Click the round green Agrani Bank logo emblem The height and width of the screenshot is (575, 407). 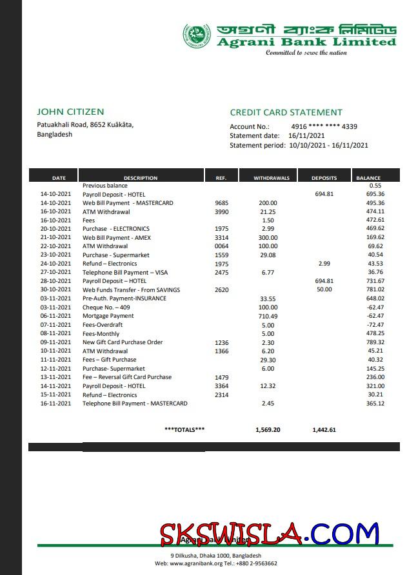(x=196, y=35)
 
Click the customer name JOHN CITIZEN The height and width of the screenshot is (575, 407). (x=70, y=112)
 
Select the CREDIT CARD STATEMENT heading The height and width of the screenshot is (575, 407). (x=286, y=112)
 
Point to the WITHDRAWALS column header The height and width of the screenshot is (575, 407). (x=271, y=178)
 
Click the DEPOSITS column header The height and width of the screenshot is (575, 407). (x=324, y=178)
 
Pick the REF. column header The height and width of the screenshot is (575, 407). (x=221, y=178)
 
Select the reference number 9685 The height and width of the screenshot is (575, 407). (x=221, y=203)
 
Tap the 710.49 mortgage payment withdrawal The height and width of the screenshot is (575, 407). (x=268, y=317)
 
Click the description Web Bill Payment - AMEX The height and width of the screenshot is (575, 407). (x=116, y=238)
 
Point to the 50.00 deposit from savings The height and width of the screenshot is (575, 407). (x=324, y=290)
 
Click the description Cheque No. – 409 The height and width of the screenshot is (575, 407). (x=106, y=307)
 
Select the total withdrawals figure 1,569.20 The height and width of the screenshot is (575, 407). (x=268, y=429)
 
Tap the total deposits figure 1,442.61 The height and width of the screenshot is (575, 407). (x=324, y=429)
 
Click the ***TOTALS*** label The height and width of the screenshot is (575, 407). (x=184, y=429)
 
